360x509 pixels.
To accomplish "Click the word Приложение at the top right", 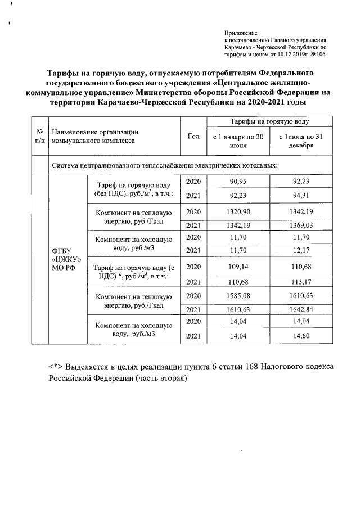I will coord(240,33).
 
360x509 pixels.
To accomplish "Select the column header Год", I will coord(193,137).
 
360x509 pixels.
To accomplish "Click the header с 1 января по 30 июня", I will coord(239,141).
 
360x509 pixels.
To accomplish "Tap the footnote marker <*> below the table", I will coord(55,367).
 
